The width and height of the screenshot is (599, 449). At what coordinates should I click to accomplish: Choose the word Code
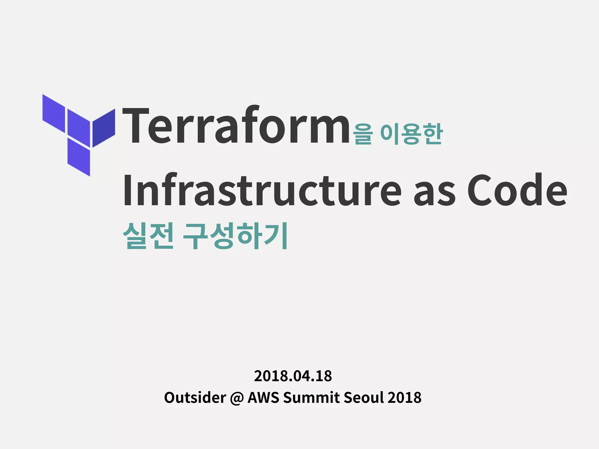click(517, 190)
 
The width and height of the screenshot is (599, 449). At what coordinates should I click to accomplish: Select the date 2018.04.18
click(293, 376)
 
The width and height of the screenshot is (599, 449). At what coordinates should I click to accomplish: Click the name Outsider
click(195, 398)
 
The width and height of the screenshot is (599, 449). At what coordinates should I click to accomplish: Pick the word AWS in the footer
click(263, 398)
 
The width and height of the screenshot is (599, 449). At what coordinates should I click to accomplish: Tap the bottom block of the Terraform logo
click(79, 157)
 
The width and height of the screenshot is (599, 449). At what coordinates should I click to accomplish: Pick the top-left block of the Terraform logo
click(54, 113)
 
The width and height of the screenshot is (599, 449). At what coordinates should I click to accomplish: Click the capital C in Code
click(480, 190)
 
